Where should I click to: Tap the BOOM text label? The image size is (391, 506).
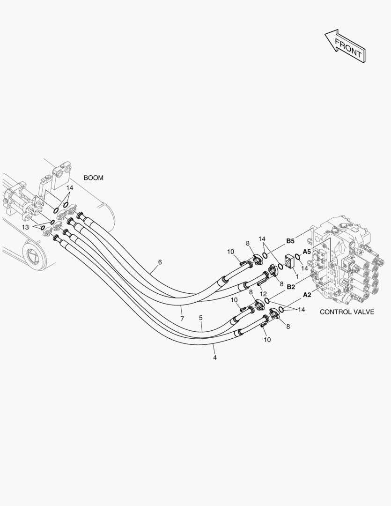pos(94,178)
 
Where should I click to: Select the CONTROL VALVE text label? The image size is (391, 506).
pos(347,312)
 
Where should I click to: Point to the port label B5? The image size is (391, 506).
pos(290,241)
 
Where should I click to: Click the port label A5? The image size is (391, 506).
pos(307,252)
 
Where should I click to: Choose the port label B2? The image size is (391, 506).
pos(290,286)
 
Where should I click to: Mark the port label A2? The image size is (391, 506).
pos(307,295)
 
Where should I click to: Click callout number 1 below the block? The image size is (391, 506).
pos(296,277)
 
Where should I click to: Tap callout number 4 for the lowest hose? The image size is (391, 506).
pos(215,357)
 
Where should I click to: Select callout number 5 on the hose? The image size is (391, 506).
pos(200,318)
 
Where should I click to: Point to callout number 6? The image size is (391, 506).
pos(160,262)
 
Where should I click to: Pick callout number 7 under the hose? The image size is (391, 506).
pos(182,319)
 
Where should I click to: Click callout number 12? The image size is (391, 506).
pos(263,294)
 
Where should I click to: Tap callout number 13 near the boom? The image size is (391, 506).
pos(25,227)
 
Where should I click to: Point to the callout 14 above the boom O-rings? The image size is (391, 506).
pos(69,188)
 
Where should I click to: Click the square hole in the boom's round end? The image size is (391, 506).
pos(36,256)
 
